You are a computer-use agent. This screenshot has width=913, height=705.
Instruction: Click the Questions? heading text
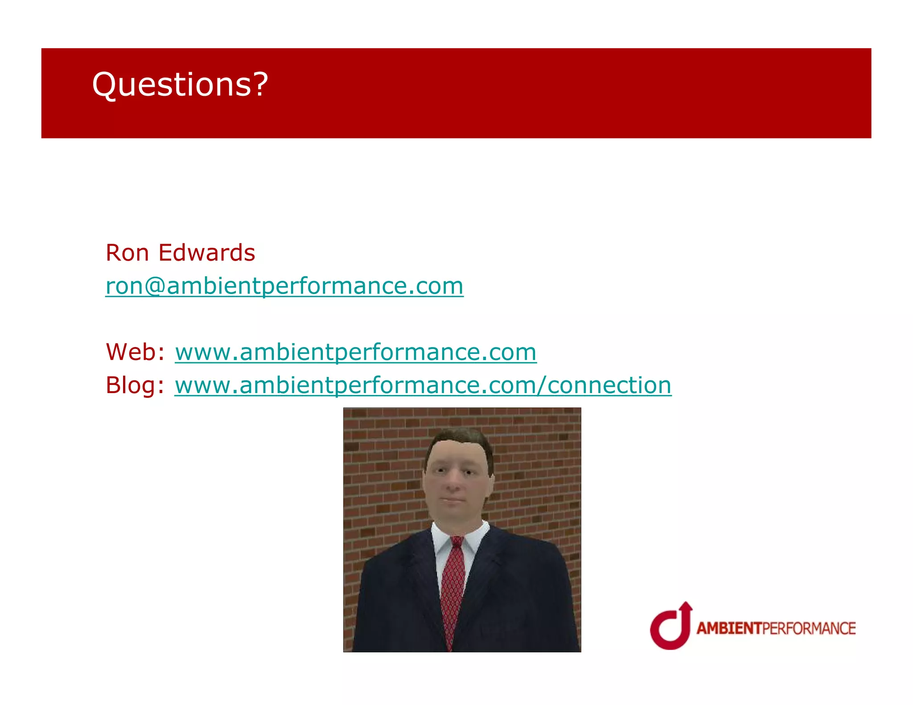click(x=180, y=85)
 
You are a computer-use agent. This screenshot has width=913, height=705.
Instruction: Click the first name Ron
click(x=127, y=253)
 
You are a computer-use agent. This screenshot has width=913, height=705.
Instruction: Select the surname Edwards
click(x=207, y=253)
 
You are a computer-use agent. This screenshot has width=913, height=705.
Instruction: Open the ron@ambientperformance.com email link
click(x=284, y=286)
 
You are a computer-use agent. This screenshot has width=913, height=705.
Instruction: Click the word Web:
click(x=135, y=352)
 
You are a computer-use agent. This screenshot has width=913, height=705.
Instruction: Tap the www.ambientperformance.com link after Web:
click(x=355, y=352)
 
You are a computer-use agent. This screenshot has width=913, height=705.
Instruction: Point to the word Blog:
click(x=135, y=385)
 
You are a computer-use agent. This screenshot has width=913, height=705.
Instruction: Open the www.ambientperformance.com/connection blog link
click(x=423, y=385)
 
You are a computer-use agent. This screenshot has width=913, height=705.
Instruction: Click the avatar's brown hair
click(x=459, y=439)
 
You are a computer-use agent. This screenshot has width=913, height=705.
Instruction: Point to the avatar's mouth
click(x=453, y=500)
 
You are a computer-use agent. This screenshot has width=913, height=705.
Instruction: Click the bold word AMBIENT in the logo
click(x=729, y=628)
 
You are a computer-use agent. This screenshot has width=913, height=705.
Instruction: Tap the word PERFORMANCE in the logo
click(x=809, y=628)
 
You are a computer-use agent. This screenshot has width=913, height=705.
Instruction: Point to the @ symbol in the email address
click(x=155, y=286)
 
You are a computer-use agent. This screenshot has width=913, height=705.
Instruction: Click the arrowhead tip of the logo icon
click(x=686, y=605)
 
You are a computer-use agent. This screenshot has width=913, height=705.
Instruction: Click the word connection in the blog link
click(x=609, y=385)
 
